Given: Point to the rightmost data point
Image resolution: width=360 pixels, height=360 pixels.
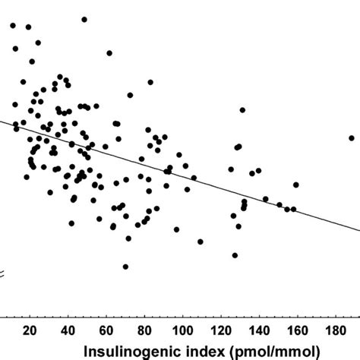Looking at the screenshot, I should tap(352, 137).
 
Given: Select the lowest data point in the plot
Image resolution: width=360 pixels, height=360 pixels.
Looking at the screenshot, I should tap(125, 267).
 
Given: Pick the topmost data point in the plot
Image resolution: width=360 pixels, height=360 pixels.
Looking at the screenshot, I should tap(84, 19).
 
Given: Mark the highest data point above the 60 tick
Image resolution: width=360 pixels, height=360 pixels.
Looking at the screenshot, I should tap(109, 53).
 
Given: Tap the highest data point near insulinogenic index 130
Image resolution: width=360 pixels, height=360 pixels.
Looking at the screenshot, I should tap(242, 111).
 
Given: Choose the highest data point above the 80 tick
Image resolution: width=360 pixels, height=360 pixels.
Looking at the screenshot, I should tap(150, 82).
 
